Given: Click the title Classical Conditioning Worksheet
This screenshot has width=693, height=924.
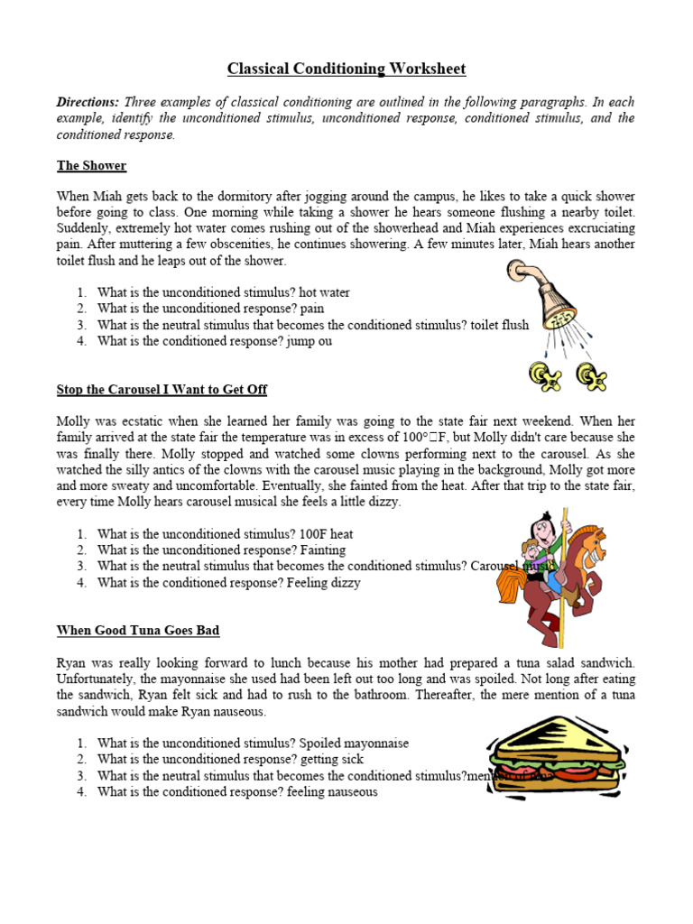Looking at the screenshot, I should coord(346,69).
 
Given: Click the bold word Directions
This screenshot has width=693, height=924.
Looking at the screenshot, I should coord(88,102).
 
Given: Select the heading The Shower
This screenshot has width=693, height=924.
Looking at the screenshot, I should coord(91,166).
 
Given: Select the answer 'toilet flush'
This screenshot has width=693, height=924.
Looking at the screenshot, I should coord(499,326).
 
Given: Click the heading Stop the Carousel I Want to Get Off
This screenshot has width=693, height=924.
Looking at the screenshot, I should coord(162,390).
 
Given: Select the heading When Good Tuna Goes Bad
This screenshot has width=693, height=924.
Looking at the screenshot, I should coord(138,630).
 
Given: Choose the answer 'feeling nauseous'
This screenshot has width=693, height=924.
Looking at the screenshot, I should coord(329,792).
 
